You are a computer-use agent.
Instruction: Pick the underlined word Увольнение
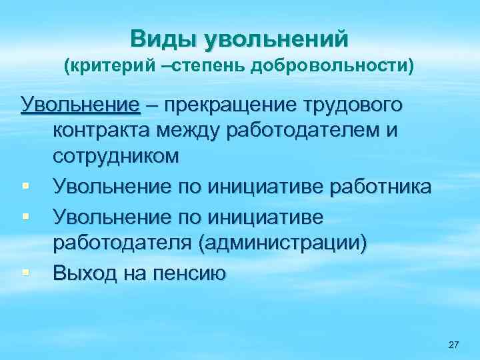tap(81, 105)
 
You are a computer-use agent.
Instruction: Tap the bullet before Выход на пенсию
tap(25, 272)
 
